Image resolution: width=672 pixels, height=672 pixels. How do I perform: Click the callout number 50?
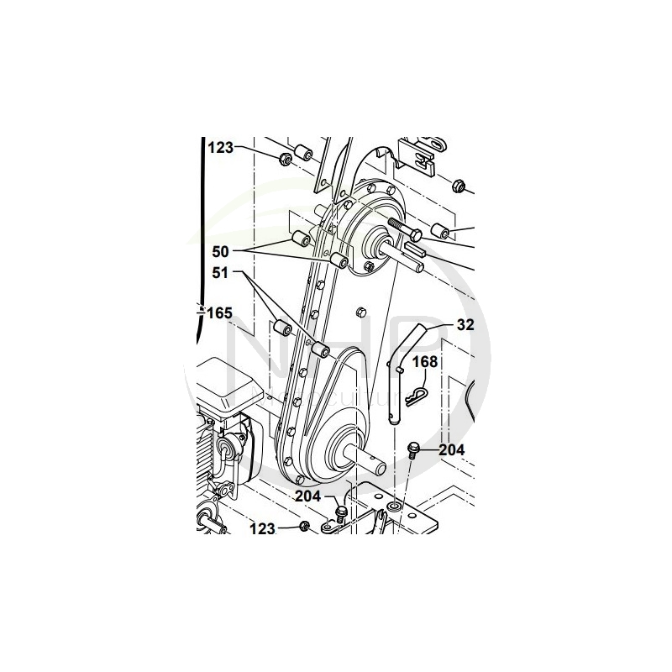coord(221,251)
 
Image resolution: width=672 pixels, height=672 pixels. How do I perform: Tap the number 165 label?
coord(219,312)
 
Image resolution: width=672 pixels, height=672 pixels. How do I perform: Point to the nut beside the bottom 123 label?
coord(304,527)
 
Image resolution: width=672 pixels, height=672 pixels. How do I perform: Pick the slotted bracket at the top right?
coord(421,156)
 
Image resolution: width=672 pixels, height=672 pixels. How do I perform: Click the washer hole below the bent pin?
coord(394,509)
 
